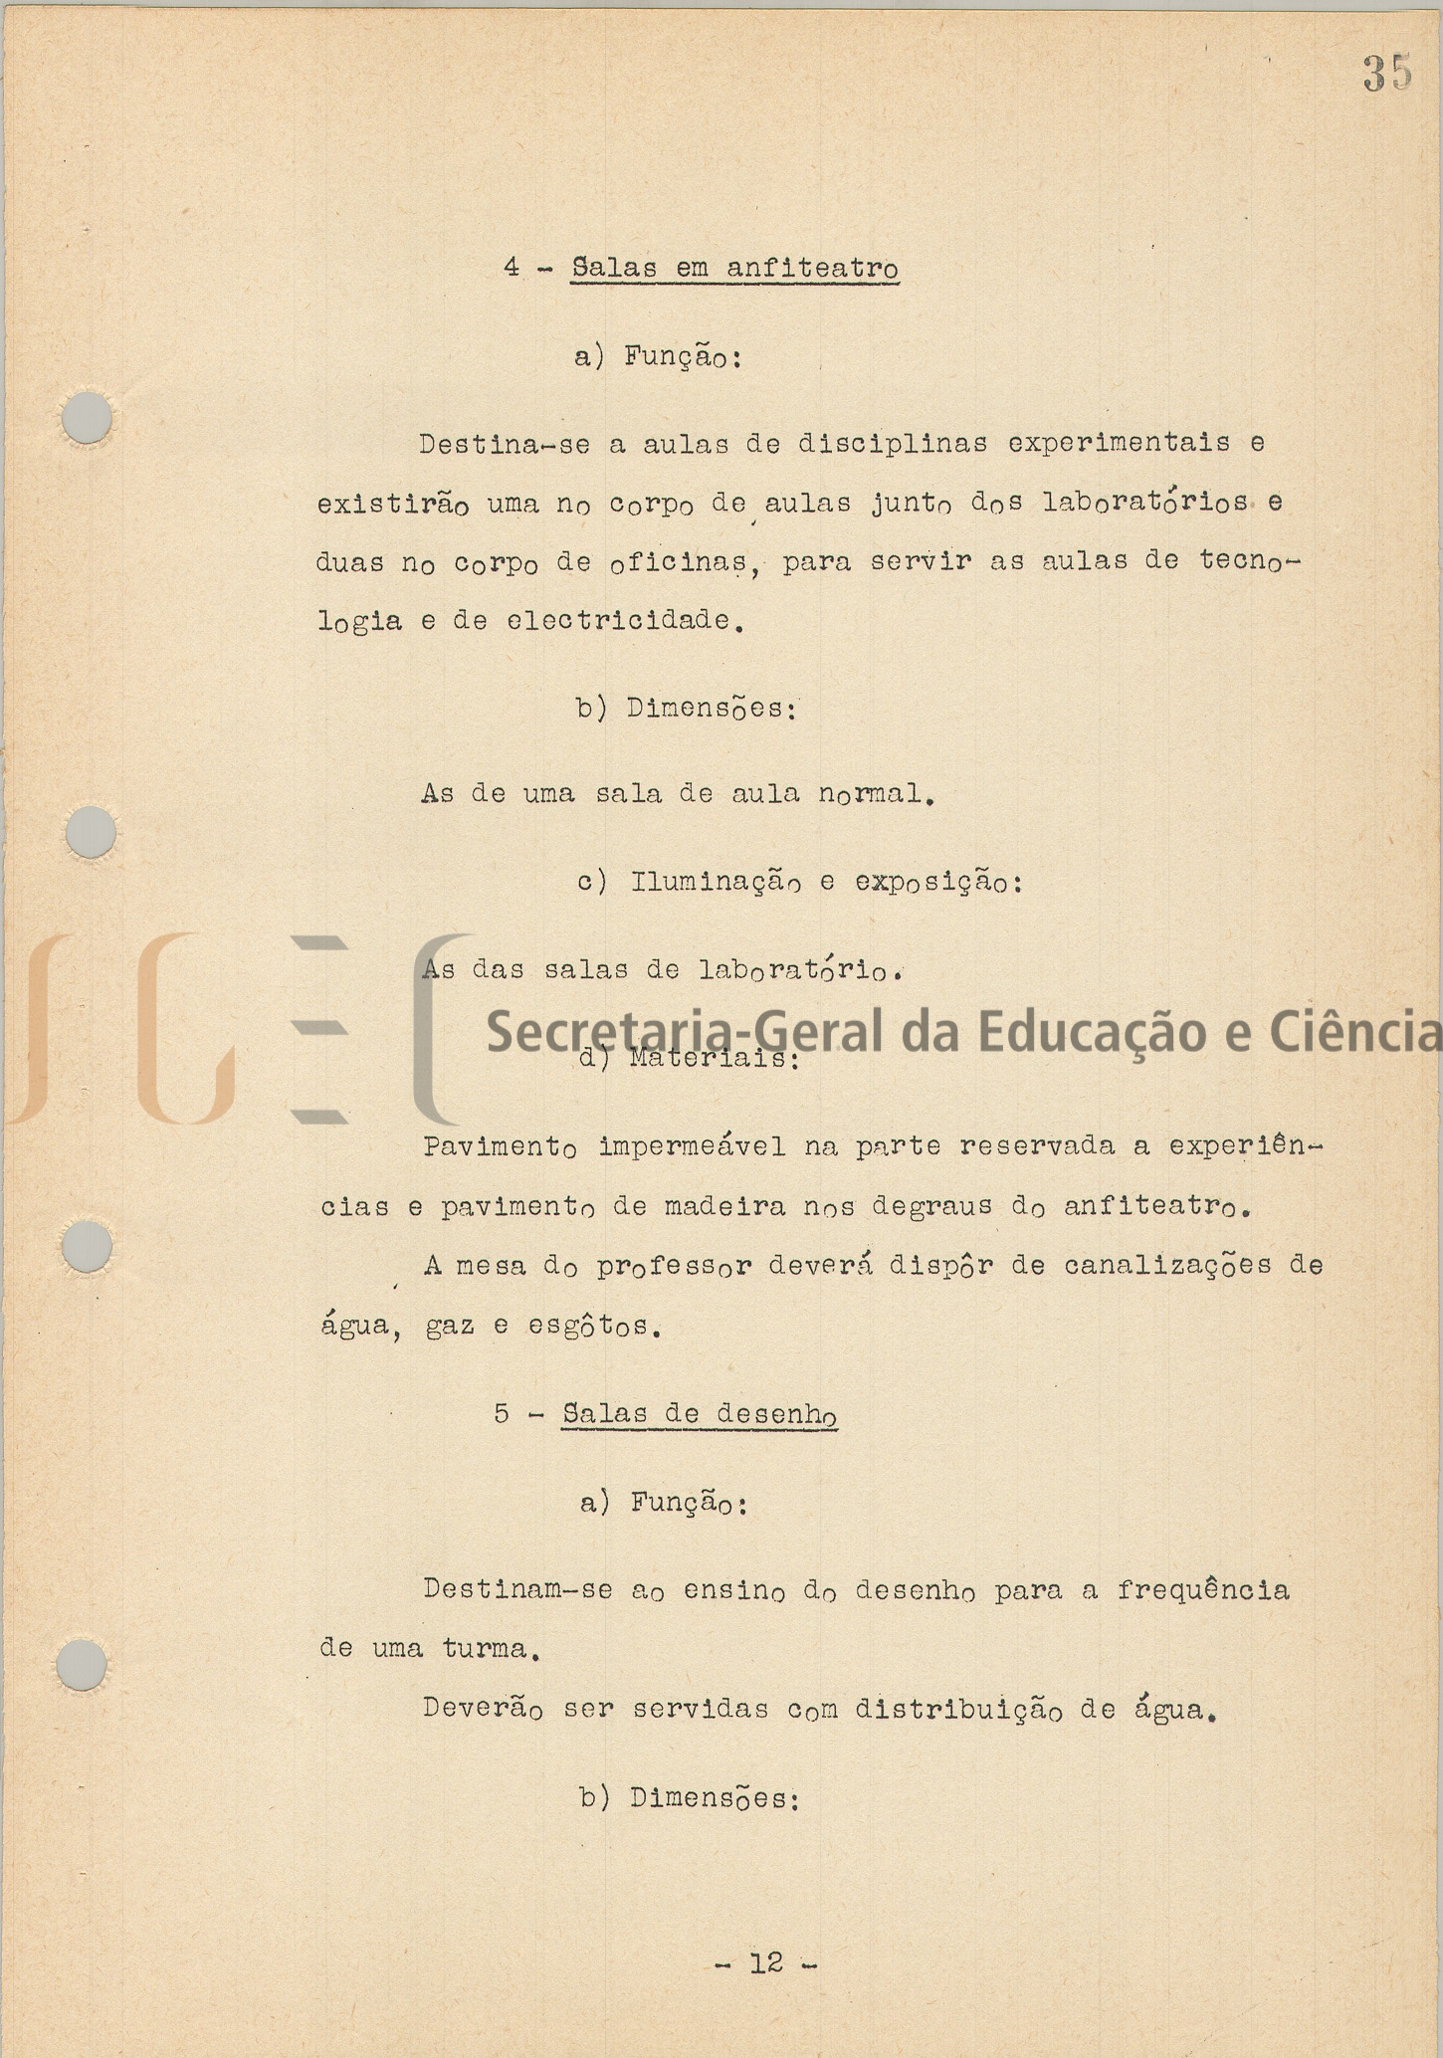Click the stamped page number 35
pyautogui.click(x=1387, y=74)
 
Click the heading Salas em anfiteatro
pyautogui.click(x=734, y=269)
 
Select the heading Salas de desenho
pyautogui.click(x=699, y=1414)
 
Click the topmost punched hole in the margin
pyautogui.click(x=88, y=418)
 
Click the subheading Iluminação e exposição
pyautogui.click(x=826, y=883)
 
